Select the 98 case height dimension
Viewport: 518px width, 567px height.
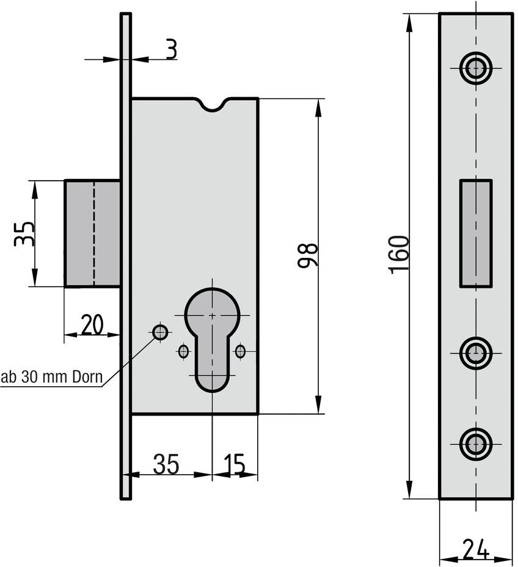click(x=307, y=255)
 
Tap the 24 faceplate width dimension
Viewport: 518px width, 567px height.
click(x=475, y=548)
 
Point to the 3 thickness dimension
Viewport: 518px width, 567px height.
click(x=171, y=49)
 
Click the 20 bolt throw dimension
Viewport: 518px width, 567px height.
click(x=92, y=324)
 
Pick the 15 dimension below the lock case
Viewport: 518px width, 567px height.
click(x=235, y=464)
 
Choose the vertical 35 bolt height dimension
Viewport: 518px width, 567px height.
click(x=24, y=233)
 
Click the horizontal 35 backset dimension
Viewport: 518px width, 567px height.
click(x=166, y=464)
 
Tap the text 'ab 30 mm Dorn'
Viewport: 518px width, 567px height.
click(x=51, y=377)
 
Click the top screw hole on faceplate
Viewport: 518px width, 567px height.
click(x=476, y=68)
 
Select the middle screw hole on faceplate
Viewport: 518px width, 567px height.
click(x=476, y=353)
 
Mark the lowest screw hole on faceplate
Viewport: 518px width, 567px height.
click(x=476, y=443)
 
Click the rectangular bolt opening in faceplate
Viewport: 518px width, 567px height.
click(x=476, y=233)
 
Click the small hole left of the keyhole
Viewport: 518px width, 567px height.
click(x=183, y=351)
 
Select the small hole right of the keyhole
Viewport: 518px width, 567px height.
click(x=240, y=351)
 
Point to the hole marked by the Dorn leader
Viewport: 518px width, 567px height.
click(x=160, y=332)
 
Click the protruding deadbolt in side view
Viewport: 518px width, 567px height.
click(x=92, y=233)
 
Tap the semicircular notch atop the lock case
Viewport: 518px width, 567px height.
click(x=213, y=105)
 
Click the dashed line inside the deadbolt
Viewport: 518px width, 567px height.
click(x=94, y=233)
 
